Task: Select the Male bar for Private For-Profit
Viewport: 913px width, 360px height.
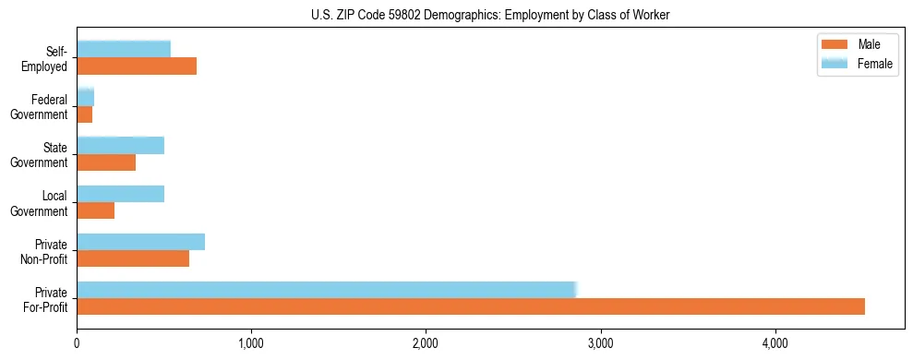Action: click(x=471, y=306)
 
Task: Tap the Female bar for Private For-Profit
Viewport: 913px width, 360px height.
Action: click(x=327, y=289)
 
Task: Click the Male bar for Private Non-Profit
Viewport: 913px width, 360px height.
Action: click(x=133, y=258)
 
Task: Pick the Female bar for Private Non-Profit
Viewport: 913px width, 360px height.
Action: click(x=140, y=242)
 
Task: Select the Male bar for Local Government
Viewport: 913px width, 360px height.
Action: click(x=96, y=210)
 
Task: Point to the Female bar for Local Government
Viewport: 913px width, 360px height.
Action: click(x=120, y=194)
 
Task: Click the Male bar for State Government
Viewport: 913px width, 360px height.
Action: click(x=106, y=162)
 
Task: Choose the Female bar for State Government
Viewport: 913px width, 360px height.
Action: click(x=120, y=146)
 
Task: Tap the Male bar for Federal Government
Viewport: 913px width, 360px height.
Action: click(x=85, y=114)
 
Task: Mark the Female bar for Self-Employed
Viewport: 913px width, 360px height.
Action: click(x=124, y=50)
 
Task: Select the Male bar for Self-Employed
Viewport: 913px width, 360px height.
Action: click(x=137, y=66)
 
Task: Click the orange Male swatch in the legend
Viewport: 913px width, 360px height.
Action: click(x=835, y=45)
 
